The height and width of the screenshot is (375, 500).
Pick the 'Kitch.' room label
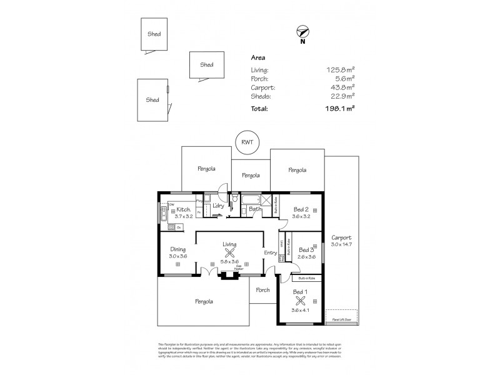click(x=182, y=209)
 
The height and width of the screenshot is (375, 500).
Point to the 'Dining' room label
click(x=177, y=249)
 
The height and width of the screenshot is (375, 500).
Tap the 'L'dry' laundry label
click(x=218, y=206)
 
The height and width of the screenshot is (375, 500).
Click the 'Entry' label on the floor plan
click(x=271, y=252)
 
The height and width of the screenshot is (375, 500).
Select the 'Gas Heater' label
click(x=239, y=267)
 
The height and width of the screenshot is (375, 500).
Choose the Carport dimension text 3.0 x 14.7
click(x=341, y=244)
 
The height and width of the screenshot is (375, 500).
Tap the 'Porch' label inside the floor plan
click(x=262, y=290)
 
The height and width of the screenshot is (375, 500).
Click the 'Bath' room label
click(x=255, y=209)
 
